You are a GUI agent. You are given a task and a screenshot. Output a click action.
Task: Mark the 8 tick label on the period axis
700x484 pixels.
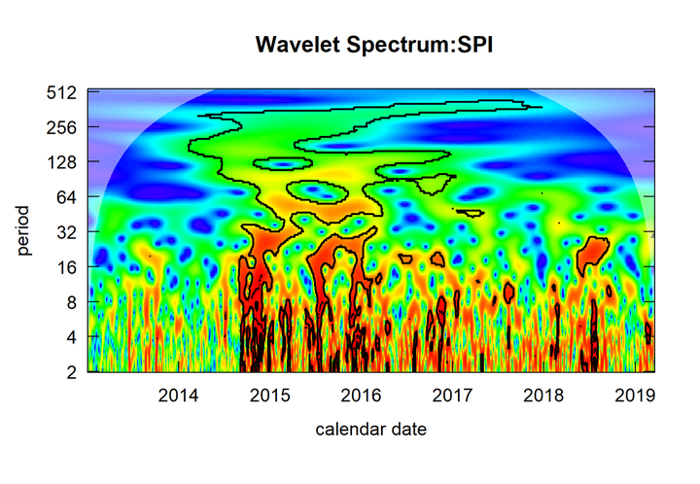[x=71, y=302]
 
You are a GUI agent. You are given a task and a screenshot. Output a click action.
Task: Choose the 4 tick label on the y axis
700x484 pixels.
[x=71, y=337]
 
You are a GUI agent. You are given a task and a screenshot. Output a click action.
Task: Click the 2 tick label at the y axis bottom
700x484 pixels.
[x=71, y=372]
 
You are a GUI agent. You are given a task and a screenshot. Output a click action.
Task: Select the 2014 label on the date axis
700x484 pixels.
[x=178, y=396]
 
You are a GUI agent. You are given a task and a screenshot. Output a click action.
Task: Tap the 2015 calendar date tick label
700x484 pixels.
[x=269, y=396]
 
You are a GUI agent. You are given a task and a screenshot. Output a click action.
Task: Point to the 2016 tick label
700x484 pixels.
[x=361, y=396]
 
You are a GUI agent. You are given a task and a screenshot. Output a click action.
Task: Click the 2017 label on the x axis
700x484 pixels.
[x=452, y=396]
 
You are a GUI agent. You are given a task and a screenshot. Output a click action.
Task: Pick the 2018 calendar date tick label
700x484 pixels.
[x=543, y=396]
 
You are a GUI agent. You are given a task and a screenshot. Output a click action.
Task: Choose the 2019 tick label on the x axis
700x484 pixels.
[x=635, y=396]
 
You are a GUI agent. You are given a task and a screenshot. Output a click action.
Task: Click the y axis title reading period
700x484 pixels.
[x=23, y=231]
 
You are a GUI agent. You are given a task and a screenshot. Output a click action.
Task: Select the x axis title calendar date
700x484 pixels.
[x=370, y=428]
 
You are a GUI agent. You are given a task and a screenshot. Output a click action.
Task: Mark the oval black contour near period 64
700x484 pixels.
[x=323, y=190]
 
